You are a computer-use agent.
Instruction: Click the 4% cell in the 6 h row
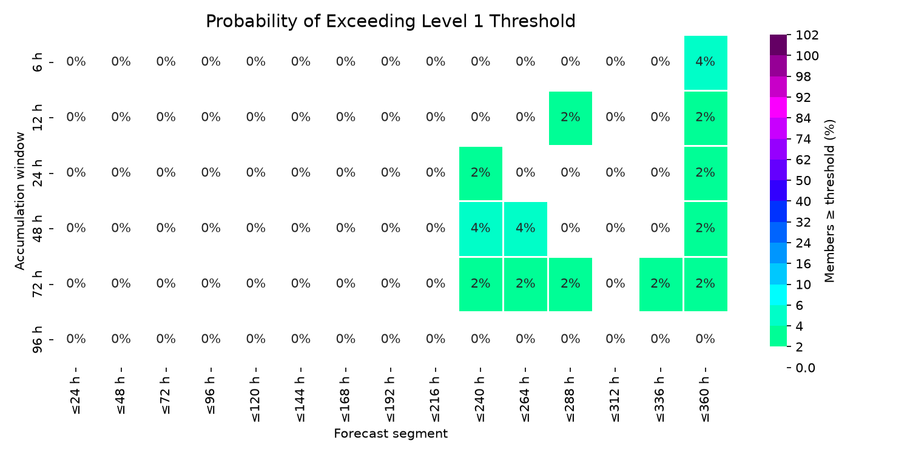706,62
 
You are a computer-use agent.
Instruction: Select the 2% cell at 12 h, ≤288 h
570,118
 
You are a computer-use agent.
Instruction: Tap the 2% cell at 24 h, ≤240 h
480,174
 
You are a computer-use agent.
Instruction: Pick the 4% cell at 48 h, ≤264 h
526,229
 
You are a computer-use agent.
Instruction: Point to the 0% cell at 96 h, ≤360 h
706,339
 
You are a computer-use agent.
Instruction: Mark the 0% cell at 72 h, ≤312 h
616,283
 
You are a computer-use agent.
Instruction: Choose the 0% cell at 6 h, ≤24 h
76,62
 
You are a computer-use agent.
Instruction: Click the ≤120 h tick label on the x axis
256,399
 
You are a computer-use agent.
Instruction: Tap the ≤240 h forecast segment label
480,399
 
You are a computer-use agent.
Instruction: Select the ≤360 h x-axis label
706,399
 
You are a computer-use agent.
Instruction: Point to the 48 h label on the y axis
37,229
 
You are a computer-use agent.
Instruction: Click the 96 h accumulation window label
37,340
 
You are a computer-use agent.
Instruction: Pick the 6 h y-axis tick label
37,62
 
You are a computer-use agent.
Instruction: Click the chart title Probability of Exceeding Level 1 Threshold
391,21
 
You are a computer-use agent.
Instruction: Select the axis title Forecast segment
391,434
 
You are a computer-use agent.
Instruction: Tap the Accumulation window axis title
19,201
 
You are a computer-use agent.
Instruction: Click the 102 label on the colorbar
807,35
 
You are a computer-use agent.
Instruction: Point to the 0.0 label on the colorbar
805,368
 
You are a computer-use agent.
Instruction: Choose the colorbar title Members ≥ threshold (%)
829,201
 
